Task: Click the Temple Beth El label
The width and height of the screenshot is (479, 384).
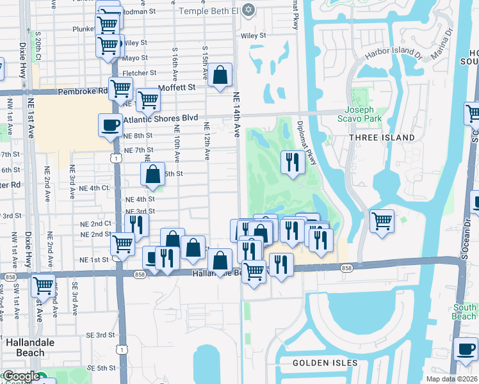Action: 209,11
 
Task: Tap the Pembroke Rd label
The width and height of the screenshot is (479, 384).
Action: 83,92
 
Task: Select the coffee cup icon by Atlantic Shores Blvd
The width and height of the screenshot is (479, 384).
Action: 110,124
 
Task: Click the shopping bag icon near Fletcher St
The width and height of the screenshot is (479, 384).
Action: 220,75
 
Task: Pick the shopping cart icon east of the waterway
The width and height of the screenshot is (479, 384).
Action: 382,221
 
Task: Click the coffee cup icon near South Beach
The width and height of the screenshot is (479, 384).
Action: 465,349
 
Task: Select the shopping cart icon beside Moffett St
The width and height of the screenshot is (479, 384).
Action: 148,99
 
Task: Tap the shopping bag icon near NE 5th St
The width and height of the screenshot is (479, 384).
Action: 152,173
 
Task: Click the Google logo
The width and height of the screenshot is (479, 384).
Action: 22,376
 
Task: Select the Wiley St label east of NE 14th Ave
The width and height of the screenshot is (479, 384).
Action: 253,36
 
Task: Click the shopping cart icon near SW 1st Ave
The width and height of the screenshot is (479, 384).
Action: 43,285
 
